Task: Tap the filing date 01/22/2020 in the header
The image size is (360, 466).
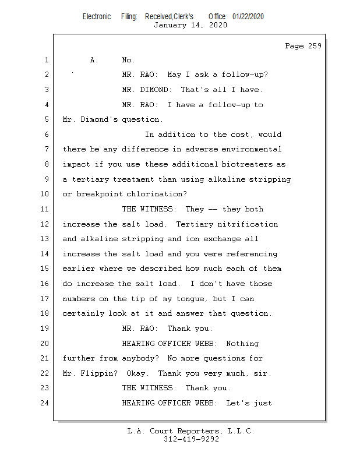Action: click(x=248, y=16)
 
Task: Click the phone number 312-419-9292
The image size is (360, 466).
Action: click(x=191, y=439)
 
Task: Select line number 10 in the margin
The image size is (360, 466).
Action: click(x=44, y=194)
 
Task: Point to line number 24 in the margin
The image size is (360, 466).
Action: click(x=44, y=403)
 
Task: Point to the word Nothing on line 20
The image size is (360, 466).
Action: click(x=242, y=344)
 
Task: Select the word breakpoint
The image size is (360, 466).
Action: click(x=99, y=194)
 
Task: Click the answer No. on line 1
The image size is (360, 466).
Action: click(x=128, y=60)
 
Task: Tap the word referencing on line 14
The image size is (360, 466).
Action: click(x=252, y=254)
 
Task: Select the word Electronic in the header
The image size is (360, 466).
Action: click(x=97, y=16)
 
